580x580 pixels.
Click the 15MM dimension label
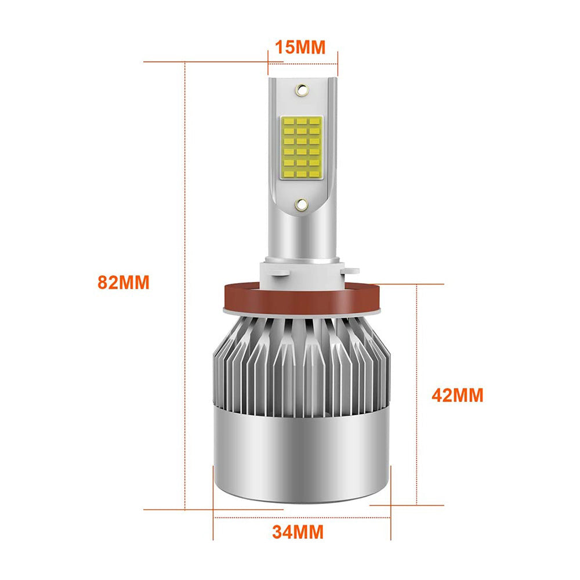click(300, 48)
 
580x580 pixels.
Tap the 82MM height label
click(124, 282)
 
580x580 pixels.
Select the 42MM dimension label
click(458, 395)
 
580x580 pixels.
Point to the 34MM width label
click(298, 532)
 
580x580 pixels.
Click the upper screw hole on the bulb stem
click(302, 89)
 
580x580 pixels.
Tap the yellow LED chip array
click(302, 147)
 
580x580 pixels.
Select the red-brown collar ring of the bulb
click(302, 298)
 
